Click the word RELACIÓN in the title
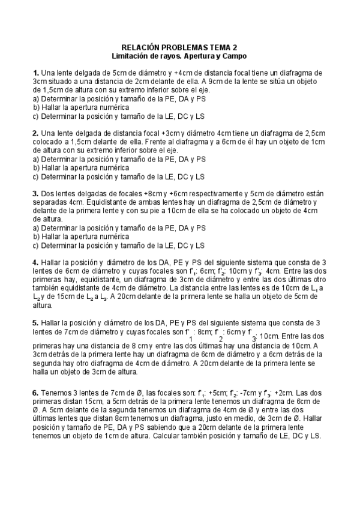pyautogui.click(x=141, y=47)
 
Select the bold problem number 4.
pyautogui.click(x=36, y=262)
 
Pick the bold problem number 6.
pyautogui.click(x=36, y=393)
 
